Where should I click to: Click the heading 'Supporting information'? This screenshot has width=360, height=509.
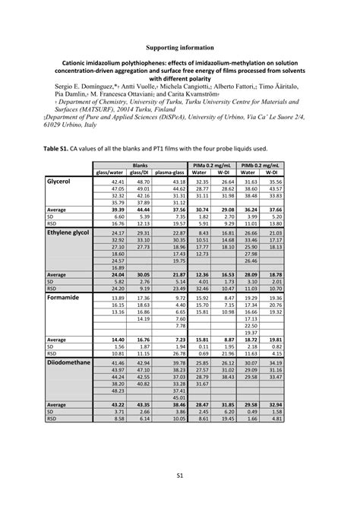point(179,46)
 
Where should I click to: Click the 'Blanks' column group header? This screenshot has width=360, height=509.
point(140,165)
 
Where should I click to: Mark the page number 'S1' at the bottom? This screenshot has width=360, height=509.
point(180,475)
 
